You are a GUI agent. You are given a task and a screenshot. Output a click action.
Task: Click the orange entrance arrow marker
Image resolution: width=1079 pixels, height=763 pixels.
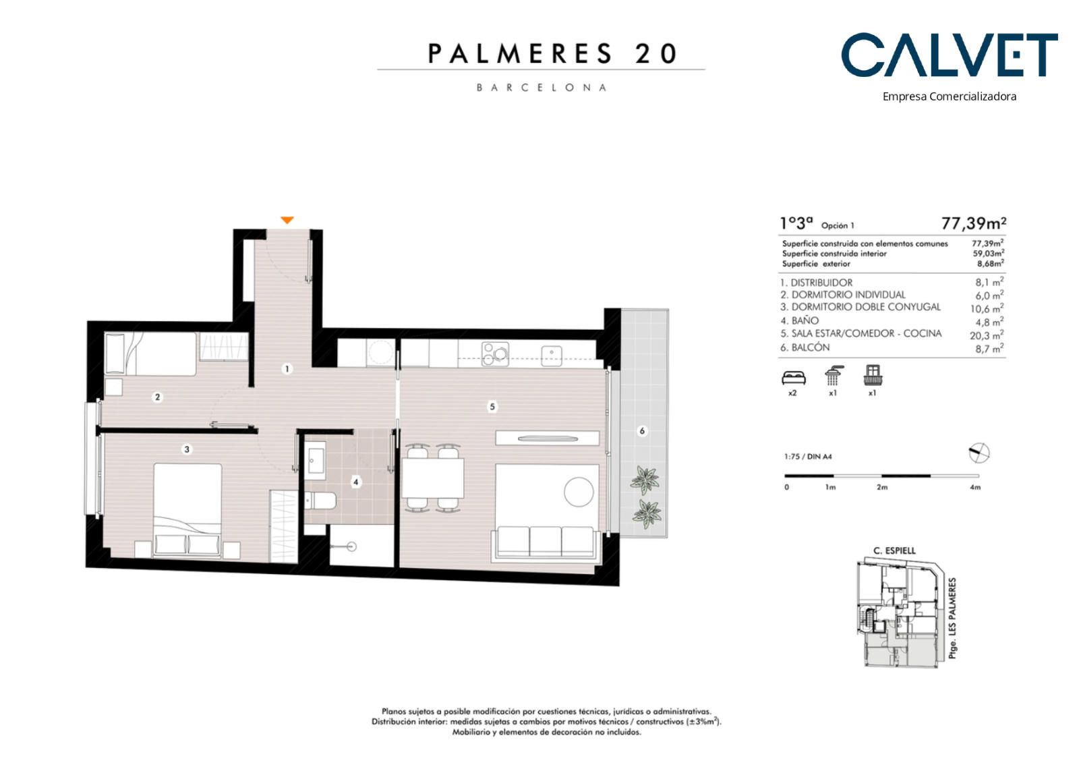click(x=287, y=221)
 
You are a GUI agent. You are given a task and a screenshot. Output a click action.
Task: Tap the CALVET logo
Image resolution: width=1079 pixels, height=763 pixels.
click(x=950, y=55)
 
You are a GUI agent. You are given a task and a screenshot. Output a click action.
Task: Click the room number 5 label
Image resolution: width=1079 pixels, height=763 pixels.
click(x=492, y=407)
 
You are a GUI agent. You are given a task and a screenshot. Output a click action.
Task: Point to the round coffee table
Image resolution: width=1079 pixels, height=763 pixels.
click(x=579, y=492)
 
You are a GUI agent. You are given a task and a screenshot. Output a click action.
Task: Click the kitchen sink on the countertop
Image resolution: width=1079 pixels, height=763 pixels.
click(x=552, y=356)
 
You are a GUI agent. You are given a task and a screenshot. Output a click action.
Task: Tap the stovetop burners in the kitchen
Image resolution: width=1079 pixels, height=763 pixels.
click(x=495, y=354)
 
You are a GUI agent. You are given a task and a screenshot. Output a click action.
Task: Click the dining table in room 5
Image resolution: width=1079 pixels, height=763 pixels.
click(x=433, y=478)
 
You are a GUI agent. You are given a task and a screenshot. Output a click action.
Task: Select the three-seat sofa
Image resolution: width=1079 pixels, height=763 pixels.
click(x=546, y=544)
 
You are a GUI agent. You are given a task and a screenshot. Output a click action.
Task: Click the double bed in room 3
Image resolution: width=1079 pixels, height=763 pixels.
click(x=187, y=510)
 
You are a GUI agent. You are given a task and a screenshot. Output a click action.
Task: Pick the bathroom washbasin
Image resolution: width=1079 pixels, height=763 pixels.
click(x=316, y=461)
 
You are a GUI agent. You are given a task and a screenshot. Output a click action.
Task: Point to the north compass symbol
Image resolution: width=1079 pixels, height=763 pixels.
click(x=979, y=453)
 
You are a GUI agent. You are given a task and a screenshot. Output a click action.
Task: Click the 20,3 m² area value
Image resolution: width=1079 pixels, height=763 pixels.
click(x=987, y=335)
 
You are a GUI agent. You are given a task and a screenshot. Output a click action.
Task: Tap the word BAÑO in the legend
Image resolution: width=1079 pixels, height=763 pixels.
click(x=805, y=320)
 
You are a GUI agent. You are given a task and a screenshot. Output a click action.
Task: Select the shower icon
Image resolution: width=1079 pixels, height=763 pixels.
click(x=833, y=376)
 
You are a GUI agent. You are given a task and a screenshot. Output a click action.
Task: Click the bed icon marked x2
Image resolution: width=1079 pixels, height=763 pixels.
click(x=793, y=378)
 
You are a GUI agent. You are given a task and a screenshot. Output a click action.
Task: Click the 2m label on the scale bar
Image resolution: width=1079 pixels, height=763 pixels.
click(x=882, y=487)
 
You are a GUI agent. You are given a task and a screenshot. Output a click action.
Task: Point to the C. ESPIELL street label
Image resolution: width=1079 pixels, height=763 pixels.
click(x=894, y=550)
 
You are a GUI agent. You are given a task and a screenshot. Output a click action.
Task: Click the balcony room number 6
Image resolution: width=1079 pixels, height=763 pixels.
click(x=641, y=431)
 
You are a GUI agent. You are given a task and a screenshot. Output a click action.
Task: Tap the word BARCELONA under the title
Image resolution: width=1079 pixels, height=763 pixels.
click(x=542, y=88)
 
